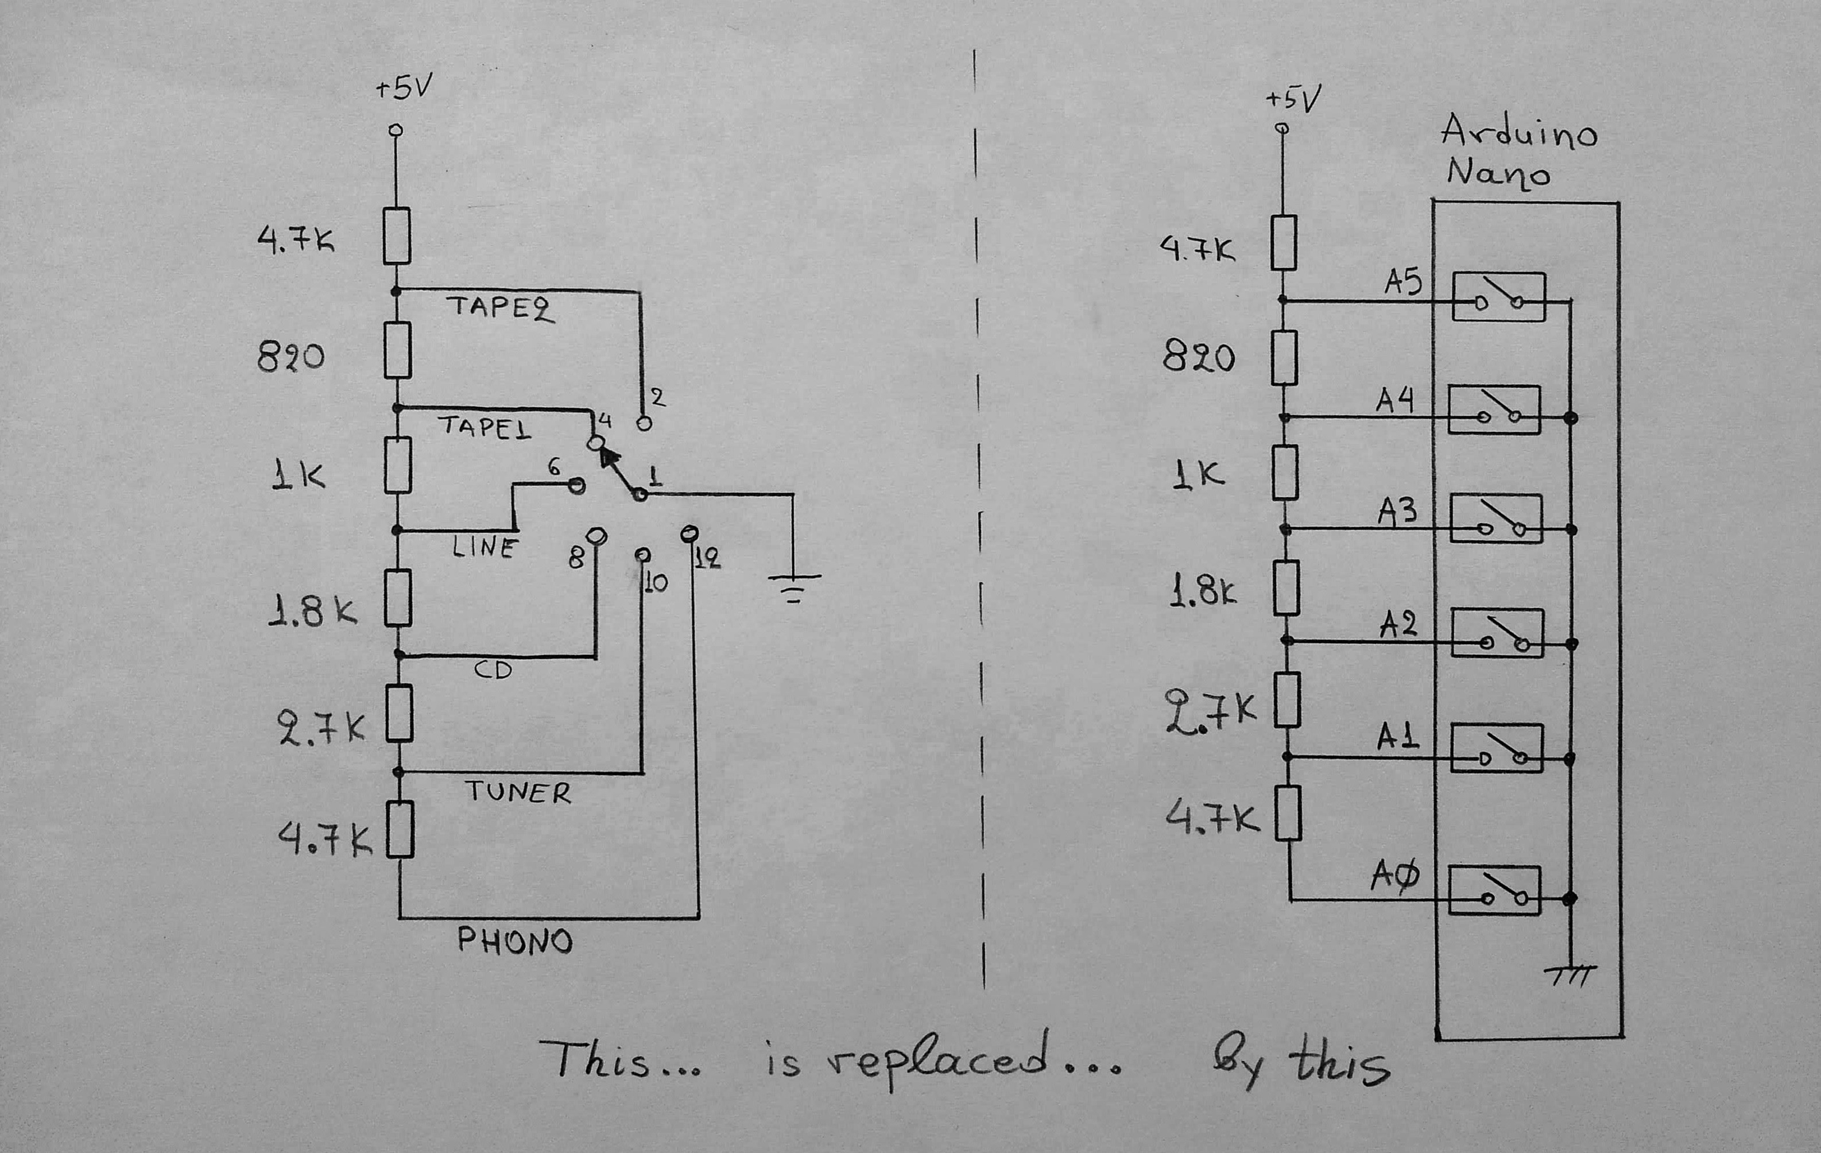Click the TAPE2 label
click(500, 308)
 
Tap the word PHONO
click(515, 941)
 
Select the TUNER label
click(518, 792)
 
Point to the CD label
click(493, 670)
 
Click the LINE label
click(485, 546)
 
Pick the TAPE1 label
click(484, 427)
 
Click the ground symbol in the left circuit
click(793, 586)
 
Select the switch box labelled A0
click(1494, 891)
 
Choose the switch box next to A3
click(1495, 519)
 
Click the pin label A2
click(1397, 625)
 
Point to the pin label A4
click(1394, 400)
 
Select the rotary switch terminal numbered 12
click(689, 534)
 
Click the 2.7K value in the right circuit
click(1210, 711)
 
